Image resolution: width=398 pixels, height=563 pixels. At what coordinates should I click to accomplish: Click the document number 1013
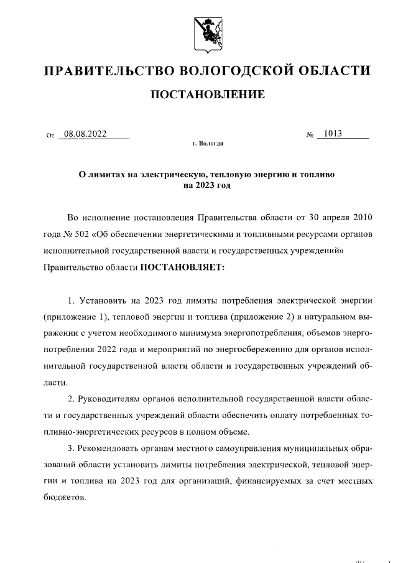coord(333,134)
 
